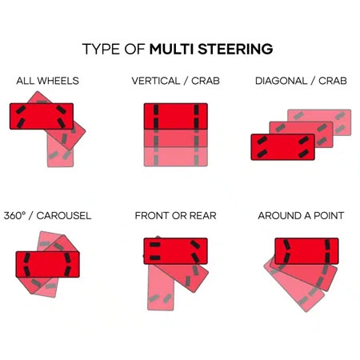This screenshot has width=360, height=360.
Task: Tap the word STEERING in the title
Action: (x=236, y=49)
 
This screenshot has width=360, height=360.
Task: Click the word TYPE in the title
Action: (x=102, y=49)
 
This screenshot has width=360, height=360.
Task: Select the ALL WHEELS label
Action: (x=47, y=81)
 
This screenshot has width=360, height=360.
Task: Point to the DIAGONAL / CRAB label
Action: (x=301, y=81)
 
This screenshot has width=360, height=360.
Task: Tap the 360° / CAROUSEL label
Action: (x=47, y=215)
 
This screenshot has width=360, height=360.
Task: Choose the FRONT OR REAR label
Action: (x=175, y=215)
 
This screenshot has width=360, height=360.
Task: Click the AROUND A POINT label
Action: (x=301, y=215)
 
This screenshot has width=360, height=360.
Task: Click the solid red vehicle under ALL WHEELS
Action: (x=41, y=116)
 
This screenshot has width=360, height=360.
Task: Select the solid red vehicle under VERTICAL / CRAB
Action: (x=176, y=116)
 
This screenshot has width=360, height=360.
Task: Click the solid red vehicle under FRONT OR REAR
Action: (x=176, y=251)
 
